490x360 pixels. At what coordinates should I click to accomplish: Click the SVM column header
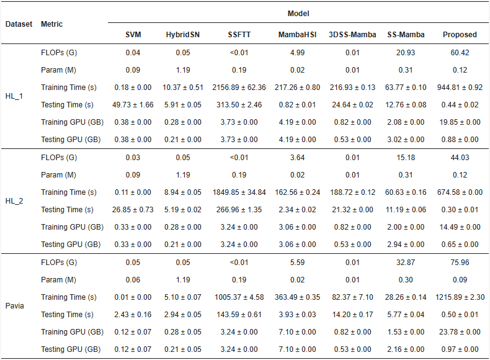pyautogui.click(x=133, y=34)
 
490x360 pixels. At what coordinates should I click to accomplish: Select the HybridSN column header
pyautogui.click(x=183, y=34)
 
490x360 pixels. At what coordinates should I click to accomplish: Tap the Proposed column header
pyautogui.click(x=460, y=34)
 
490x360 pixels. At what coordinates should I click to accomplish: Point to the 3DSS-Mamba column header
pyautogui.click(x=352, y=34)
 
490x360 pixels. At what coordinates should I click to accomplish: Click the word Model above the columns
pyautogui.click(x=298, y=14)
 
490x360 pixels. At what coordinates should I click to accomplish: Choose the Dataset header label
pyautogui.click(x=19, y=24)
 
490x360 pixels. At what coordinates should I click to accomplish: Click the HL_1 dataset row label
pyautogui.click(x=14, y=96)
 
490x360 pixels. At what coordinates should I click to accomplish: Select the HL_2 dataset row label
pyautogui.click(x=14, y=201)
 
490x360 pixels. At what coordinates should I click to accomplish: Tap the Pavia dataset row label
pyautogui.click(x=15, y=305)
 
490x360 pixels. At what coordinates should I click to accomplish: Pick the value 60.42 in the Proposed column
pyautogui.click(x=460, y=53)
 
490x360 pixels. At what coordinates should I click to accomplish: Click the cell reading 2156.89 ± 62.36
pyautogui.click(x=239, y=88)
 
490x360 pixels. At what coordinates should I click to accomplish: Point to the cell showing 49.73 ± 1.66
pyautogui.click(x=133, y=105)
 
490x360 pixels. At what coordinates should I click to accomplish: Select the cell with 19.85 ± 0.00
pyautogui.click(x=460, y=122)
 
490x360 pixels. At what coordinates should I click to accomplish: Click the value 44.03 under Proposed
pyautogui.click(x=460, y=157)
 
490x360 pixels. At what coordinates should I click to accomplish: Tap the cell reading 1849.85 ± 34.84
pyautogui.click(x=239, y=192)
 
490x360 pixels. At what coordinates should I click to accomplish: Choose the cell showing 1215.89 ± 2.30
pyautogui.click(x=460, y=297)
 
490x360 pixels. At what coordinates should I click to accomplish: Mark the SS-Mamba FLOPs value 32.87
pyautogui.click(x=406, y=262)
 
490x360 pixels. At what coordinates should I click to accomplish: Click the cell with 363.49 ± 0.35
pyautogui.click(x=297, y=297)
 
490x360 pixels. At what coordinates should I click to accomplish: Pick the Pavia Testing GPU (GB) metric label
pyautogui.click(x=71, y=349)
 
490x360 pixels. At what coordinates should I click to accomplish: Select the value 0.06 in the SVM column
pyautogui.click(x=133, y=279)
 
